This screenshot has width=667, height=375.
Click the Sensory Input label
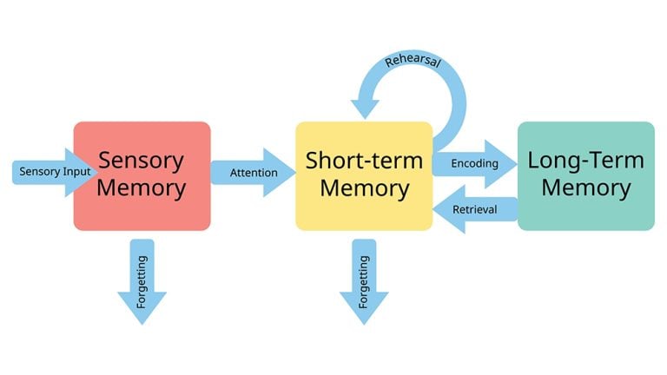click(x=51, y=172)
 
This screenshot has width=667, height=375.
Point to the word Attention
click(x=254, y=172)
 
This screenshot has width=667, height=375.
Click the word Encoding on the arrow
click(x=474, y=163)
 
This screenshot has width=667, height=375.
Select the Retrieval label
click(x=475, y=209)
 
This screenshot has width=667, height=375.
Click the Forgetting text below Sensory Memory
click(x=142, y=283)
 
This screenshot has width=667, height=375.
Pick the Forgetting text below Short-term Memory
click(x=364, y=283)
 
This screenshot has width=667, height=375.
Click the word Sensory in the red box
click(x=141, y=161)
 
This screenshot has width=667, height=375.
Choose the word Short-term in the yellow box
click(x=364, y=161)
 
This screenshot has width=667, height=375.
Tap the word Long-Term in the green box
click(x=586, y=161)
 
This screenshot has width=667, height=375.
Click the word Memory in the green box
click(x=586, y=188)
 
